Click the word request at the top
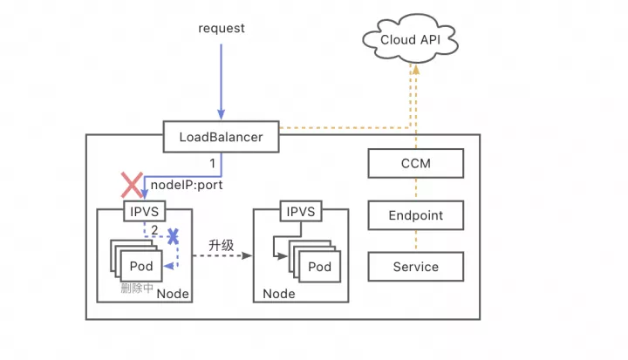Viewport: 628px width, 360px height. (x=222, y=28)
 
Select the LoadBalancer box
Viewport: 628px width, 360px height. (x=221, y=137)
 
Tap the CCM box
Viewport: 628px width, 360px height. (x=416, y=163)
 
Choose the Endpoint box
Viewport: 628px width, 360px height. (x=416, y=215)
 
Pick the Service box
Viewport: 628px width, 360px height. (x=416, y=267)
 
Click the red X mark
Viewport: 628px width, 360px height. (x=132, y=184)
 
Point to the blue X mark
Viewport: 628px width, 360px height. (x=174, y=236)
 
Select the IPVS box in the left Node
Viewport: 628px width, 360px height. (x=145, y=212)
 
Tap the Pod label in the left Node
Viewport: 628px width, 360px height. (x=141, y=266)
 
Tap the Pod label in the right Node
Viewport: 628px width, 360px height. (x=319, y=266)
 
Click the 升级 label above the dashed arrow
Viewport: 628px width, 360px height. (x=221, y=245)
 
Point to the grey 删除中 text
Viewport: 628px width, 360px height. (x=137, y=288)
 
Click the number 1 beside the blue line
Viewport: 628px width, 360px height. (x=212, y=163)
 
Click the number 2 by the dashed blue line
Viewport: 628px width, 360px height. (x=154, y=230)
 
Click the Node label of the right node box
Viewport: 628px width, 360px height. (x=280, y=294)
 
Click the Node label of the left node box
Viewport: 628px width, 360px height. (x=173, y=294)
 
